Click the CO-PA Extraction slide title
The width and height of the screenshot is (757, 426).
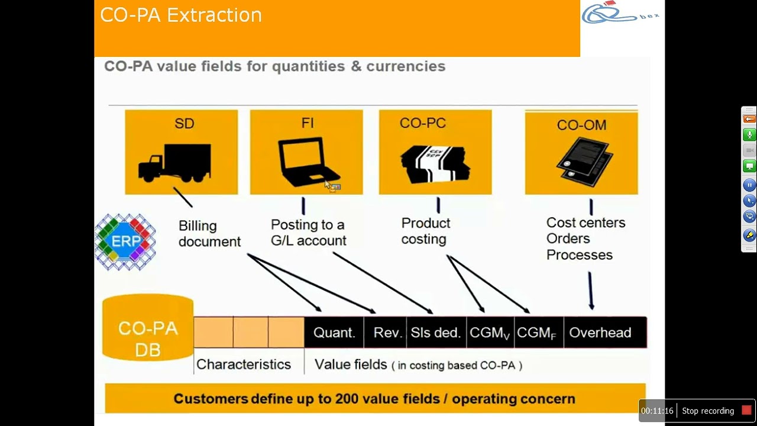coord(181,15)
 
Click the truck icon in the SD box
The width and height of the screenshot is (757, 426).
coord(174,163)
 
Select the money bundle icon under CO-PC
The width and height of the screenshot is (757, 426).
coord(435,162)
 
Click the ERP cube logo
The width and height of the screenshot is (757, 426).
coord(125,242)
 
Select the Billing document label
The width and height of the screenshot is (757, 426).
coord(209,234)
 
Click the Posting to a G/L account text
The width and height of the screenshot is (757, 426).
coord(308,233)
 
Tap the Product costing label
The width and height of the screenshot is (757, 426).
coord(425,231)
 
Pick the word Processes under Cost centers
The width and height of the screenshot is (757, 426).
coord(579,255)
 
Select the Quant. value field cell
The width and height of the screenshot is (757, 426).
coord(334,333)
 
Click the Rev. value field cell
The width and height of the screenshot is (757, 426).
coord(388,333)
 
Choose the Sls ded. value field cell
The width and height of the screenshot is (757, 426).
coord(435,333)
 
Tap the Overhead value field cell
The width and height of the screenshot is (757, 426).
coord(600,333)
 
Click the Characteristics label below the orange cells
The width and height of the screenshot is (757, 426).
coord(243,364)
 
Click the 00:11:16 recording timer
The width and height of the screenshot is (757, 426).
coord(657,411)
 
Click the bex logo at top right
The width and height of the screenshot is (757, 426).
coord(621,14)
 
